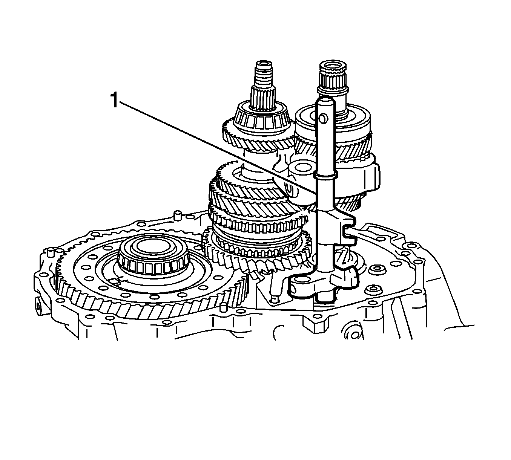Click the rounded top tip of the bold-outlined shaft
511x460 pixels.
325,100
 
